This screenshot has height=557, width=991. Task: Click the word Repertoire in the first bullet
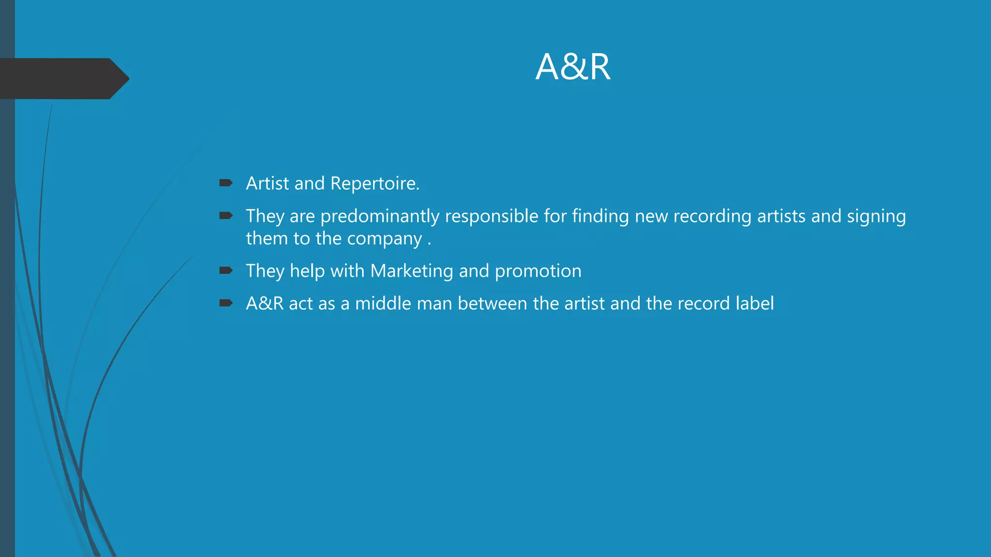pos(375,184)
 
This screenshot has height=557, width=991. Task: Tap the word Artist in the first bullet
pos(268,184)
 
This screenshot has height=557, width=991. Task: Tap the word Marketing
pos(412,271)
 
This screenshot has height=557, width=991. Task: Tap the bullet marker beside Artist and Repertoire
pos(226,183)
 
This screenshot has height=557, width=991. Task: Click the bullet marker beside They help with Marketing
pos(226,270)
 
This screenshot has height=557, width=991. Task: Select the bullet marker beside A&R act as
pos(226,303)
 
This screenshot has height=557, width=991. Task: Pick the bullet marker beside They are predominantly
pos(226,216)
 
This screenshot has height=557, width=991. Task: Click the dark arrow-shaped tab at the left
pos(63,79)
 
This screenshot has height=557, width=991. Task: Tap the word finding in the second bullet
pos(600,217)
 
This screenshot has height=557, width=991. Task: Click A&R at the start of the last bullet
pos(265,304)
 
